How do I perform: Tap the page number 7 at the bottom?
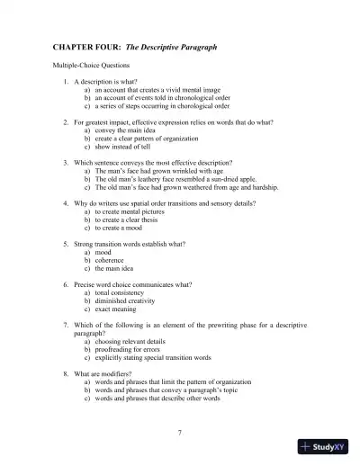click(180, 433)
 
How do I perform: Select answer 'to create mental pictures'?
click(133, 211)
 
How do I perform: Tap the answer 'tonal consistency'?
click(123, 292)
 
